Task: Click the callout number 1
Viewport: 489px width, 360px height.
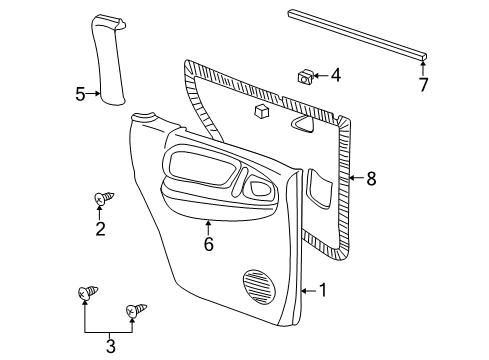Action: pyautogui.click(x=322, y=291)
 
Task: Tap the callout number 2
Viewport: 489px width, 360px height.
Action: pyautogui.click(x=100, y=230)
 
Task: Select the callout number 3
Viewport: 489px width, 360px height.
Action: pyautogui.click(x=111, y=346)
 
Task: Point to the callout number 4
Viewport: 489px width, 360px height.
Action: pyautogui.click(x=336, y=75)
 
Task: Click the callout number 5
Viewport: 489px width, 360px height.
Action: pyautogui.click(x=80, y=95)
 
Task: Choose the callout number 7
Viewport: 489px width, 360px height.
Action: pyautogui.click(x=423, y=85)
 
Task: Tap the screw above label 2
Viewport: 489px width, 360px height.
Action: pyautogui.click(x=100, y=199)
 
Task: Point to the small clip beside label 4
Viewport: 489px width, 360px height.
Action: pyautogui.click(x=306, y=75)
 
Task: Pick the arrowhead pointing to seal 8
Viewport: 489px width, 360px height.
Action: pyautogui.click(x=350, y=180)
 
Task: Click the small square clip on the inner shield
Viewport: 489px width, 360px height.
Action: pyautogui.click(x=262, y=112)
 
